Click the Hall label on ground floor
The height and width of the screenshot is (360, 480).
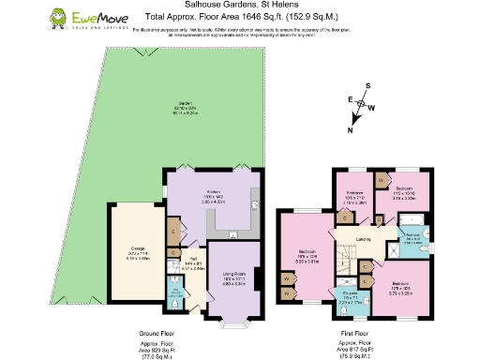coord(188,264)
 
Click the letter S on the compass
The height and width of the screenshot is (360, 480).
coord(367,85)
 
